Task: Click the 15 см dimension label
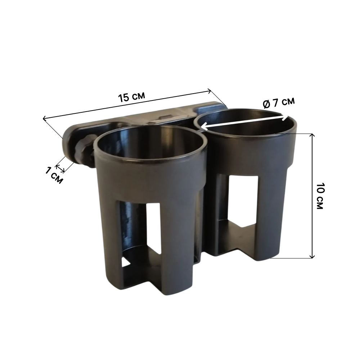point(131,97)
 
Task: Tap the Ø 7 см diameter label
point(279,102)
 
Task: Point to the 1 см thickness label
point(54,175)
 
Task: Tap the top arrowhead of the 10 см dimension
point(312,135)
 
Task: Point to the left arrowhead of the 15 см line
point(45,118)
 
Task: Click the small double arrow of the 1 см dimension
point(60,169)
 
